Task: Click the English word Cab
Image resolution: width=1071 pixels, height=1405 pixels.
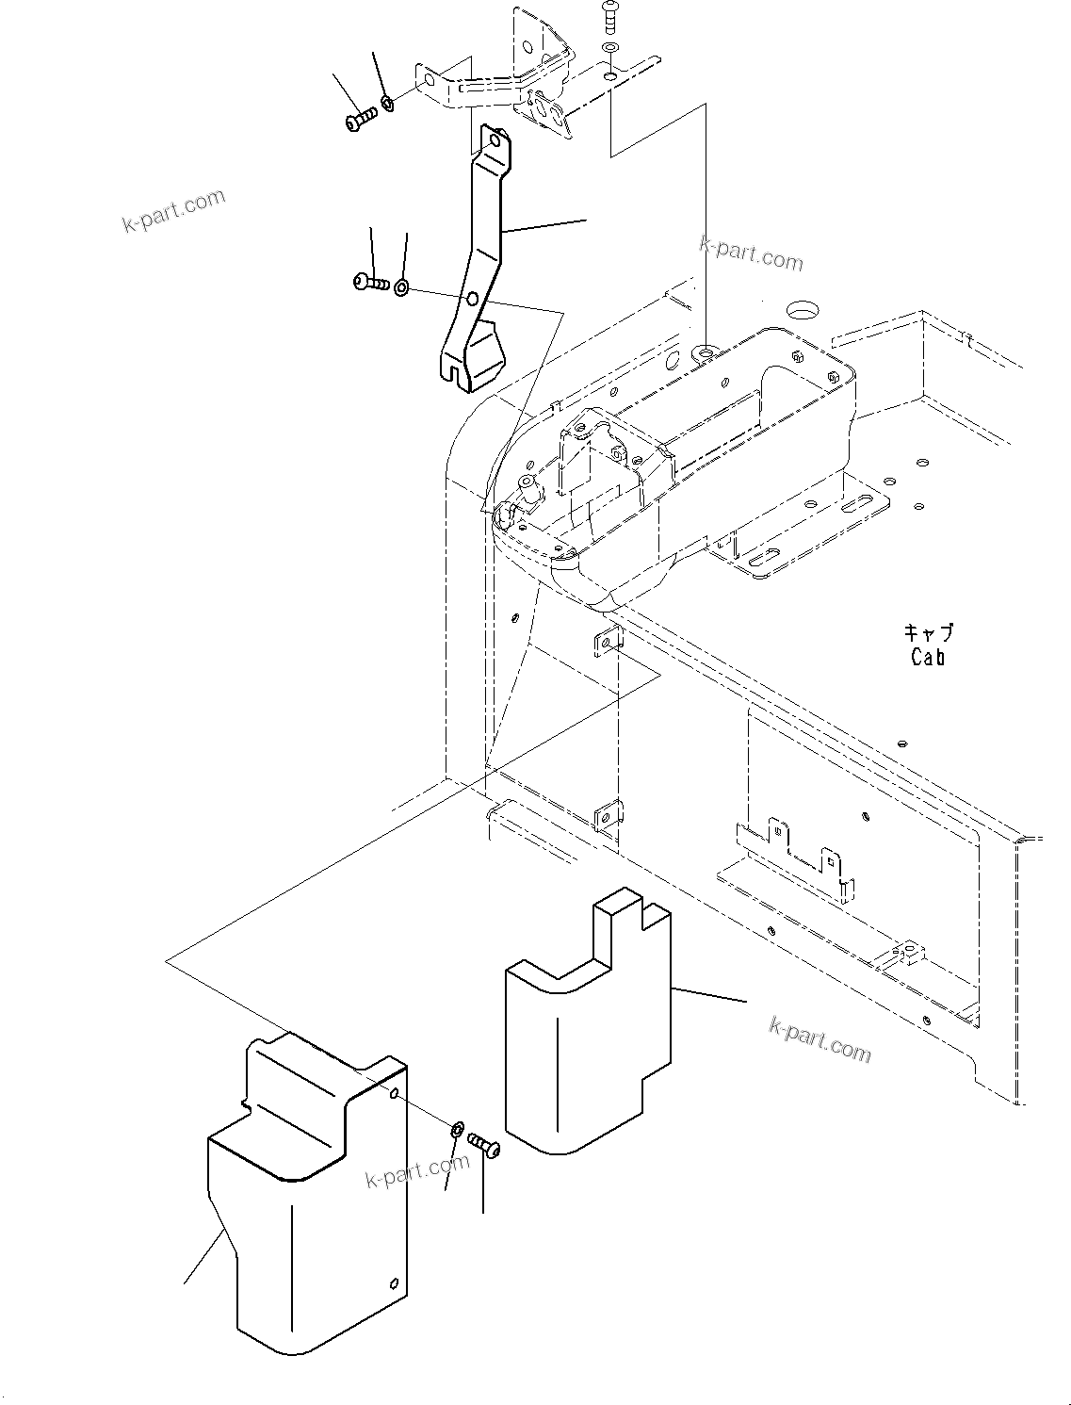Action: pyautogui.click(x=927, y=657)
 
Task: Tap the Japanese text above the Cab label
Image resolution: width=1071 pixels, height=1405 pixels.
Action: pyautogui.click(x=928, y=632)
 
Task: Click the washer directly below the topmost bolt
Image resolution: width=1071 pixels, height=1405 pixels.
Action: pyautogui.click(x=610, y=47)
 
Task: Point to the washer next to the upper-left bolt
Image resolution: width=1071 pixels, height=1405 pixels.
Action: pyautogui.click(x=387, y=101)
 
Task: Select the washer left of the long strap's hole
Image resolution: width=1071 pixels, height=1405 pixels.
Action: pyautogui.click(x=401, y=287)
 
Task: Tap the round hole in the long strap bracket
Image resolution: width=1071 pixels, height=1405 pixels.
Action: pyautogui.click(x=472, y=301)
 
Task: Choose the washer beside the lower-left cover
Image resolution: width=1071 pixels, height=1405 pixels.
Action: pyautogui.click(x=457, y=1129)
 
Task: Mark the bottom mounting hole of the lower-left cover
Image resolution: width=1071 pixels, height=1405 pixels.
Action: pyautogui.click(x=394, y=1282)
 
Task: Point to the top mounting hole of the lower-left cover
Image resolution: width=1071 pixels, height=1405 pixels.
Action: pyautogui.click(x=394, y=1093)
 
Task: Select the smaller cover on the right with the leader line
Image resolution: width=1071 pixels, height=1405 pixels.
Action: pyautogui.click(x=589, y=1037)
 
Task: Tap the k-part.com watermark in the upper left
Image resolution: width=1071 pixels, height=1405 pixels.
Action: pyautogui.click(x=174, y=211)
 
